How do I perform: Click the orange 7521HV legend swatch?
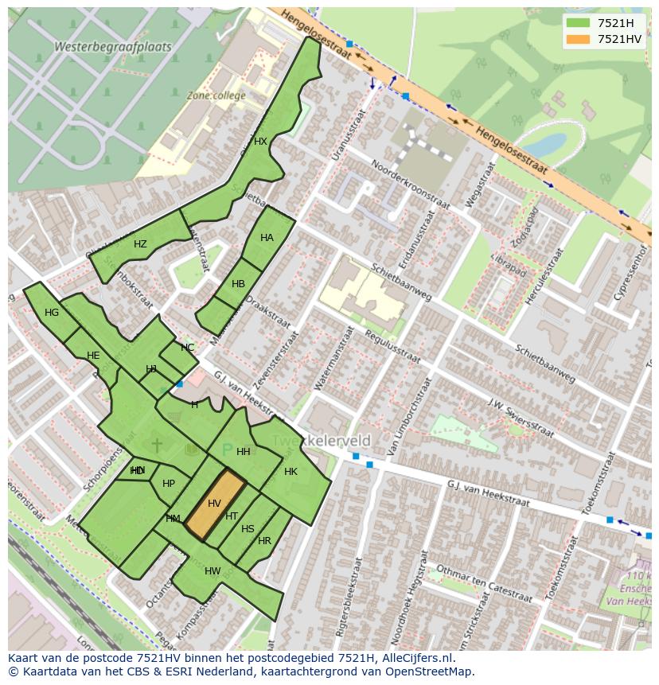click(x=580, y=39)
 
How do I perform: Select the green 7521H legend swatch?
click(x=580, y=23)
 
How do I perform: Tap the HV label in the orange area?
click(x=214, y=504)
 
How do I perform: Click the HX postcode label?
click(x=260, y=142)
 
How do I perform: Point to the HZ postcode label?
click(x=140, y=244)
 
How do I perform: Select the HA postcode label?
click(x=267, y=238)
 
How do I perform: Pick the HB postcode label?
click(x=238, y=284)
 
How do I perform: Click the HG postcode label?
click(x=52, y=313)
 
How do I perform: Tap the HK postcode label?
click(x=291, y=472)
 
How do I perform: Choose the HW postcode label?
click(x=213, y=571)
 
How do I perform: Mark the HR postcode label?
click(x=264, y=541)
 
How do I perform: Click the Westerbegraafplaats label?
click(x=113, y=47)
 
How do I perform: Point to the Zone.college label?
click(x=216, y=95)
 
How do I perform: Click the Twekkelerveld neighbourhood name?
click(x=322, y=441)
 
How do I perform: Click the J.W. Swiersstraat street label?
click(x=521, y=418)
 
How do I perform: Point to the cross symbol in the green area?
click(x=157, y=445)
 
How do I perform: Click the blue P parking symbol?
click(x=227, y=451)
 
